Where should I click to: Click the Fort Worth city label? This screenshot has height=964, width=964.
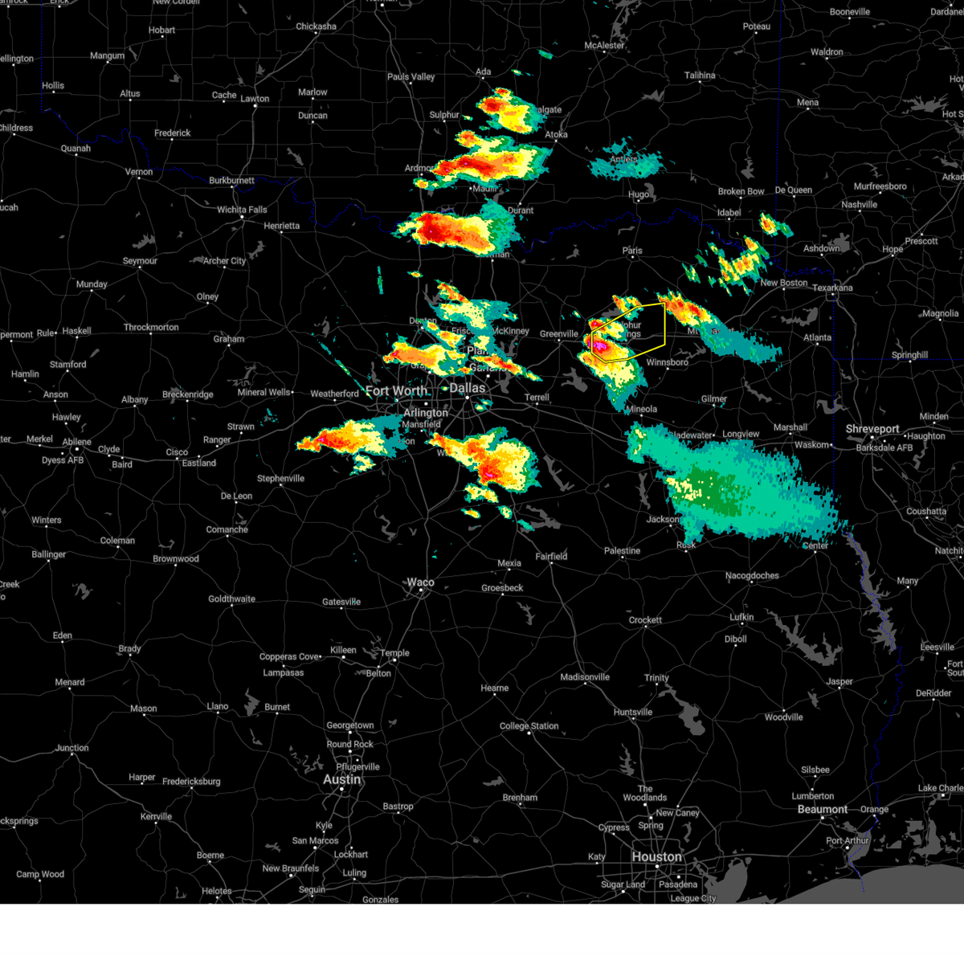tap(396, 391)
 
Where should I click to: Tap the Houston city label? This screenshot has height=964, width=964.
tap(656, 857)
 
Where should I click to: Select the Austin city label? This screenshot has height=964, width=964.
tap(342, 780)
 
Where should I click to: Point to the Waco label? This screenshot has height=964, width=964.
tap(420, 582)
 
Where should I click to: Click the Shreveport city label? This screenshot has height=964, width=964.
tap(872, 429)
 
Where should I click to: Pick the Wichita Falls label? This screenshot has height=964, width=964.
tap(242, 210)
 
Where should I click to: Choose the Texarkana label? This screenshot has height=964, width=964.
tap(832, 288)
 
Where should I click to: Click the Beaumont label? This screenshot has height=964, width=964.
tap(823, 809)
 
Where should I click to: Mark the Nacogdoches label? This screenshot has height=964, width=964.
tap(752, 575)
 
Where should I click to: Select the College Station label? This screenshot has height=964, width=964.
tap(529, 726)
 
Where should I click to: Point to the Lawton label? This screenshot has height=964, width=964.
tap(255, 99)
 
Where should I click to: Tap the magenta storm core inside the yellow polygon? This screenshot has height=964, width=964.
tap(598, 345)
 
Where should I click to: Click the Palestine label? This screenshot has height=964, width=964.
tap(623, 551)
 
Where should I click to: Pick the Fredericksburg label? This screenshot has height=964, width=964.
tap(191, 782)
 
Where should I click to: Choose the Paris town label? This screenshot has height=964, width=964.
tap(632, 251)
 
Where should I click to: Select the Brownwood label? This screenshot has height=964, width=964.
tap(176, 559)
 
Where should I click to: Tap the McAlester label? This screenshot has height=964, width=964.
tap(604, 46)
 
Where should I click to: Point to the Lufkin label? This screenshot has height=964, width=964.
tap(741, 617)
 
